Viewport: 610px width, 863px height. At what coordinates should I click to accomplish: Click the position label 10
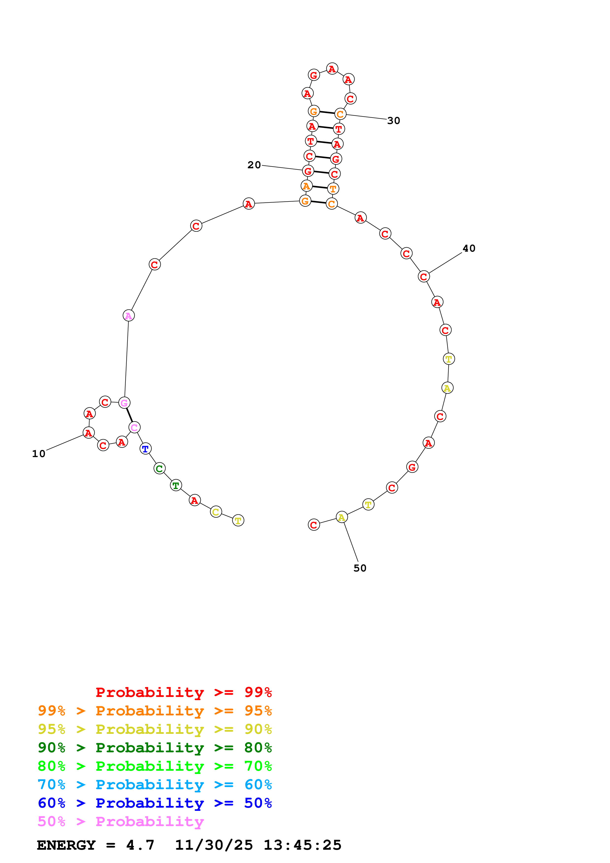pos(39,454)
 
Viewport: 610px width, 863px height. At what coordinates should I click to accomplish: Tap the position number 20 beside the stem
pos(254,165)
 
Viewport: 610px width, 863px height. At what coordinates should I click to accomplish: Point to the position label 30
pos(393,121)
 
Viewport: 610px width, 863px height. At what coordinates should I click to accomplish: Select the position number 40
pos(469,248)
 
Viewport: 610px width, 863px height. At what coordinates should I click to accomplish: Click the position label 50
pos(360,568)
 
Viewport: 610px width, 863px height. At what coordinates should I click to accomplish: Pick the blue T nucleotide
pos(145,449)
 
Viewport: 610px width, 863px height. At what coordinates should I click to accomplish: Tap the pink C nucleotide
pos(134,427)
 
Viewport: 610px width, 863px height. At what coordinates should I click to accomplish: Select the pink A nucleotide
pos(128,316)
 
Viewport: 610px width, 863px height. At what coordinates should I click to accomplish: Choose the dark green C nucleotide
pos(159,469)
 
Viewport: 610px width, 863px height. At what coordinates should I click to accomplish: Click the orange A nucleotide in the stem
pos(307,186)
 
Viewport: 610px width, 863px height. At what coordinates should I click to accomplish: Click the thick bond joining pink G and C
pos(129,415)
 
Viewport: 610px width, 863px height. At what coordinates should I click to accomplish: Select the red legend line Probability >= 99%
pos(183,692)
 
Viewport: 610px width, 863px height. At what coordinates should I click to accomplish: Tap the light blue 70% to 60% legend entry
pos(155,785)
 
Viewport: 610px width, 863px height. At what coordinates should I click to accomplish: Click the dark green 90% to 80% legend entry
pos(155,748)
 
